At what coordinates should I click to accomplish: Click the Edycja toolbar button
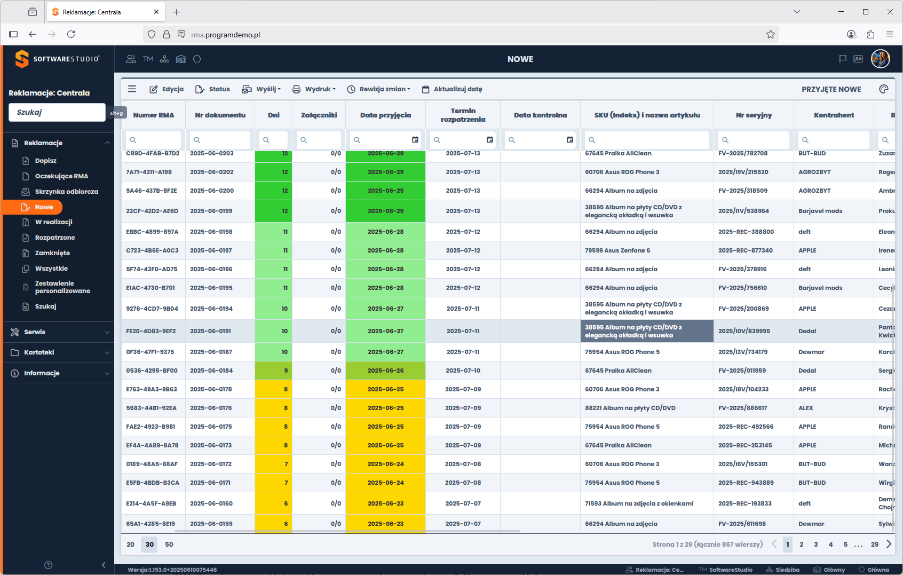167,89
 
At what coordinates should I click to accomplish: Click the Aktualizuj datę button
452,89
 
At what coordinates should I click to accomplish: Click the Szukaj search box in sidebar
57,112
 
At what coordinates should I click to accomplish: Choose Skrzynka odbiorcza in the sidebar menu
66,192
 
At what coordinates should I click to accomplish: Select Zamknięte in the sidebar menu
52,253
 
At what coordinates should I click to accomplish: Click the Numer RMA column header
154,115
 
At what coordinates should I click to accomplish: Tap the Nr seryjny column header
754,115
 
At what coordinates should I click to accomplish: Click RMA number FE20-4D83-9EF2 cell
151,331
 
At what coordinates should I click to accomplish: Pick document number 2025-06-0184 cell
211,371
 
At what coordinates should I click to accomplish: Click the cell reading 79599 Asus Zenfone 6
617,250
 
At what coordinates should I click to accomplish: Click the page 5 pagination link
845,545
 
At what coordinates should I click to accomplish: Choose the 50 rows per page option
169,545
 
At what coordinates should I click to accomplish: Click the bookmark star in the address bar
771,35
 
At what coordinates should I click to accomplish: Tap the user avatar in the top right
880,59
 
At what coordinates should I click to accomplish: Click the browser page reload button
71,35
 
